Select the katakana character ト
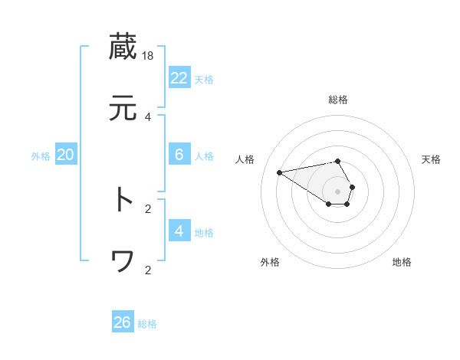click(x=123, y=200)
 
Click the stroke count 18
click(x=149, y=56)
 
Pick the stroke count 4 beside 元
click(x=148, y=116)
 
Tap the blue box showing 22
click(x=179, y=78)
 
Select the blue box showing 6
click(x=179, y=155)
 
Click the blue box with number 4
click(x=179, y=231)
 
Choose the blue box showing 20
click(x=66, y=155)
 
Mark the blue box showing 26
click(x=123, y=322)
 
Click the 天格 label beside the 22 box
click(x=204, y=79)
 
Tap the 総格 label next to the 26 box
click(x=147, y=324)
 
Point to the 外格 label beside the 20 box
click(x=41, y=155)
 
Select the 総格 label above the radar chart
click(x=338, y=100)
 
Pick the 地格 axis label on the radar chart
click(x=402, y=262)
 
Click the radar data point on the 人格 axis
click(x=280, y=172)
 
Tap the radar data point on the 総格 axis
click(x=338, y=161)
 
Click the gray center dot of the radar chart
click(x=338, y=191)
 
